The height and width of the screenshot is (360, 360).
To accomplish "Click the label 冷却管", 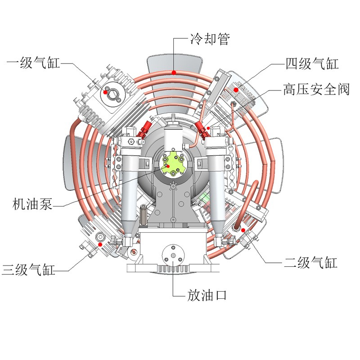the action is click(x=210, y=39).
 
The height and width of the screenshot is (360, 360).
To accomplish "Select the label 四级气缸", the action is click(x=312, y=63).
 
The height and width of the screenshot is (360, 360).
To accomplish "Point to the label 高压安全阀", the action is click(x=316, y=89).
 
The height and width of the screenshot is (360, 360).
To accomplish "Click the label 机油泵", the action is click(x=32, y=204).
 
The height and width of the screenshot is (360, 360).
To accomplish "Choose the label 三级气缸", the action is click(x=28, y=269).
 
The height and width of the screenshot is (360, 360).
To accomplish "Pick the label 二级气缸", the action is click(x=310, y=262).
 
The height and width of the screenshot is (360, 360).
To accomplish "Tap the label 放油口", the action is click(x=207, y=295).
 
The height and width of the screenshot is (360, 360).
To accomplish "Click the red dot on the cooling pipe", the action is click(x=174, y=72).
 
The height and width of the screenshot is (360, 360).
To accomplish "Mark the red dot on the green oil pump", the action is click(x=168, y=166).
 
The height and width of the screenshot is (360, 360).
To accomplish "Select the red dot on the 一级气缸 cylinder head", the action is click(x=105, y=92).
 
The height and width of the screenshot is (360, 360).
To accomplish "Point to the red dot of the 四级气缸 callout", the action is click(x=236, y=90).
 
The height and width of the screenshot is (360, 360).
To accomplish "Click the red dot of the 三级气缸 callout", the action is click(x=100, y=244).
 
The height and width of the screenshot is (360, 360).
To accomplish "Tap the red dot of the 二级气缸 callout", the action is click(x=243, y=230).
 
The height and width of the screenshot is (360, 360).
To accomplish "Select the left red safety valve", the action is click(x=144, y=130).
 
